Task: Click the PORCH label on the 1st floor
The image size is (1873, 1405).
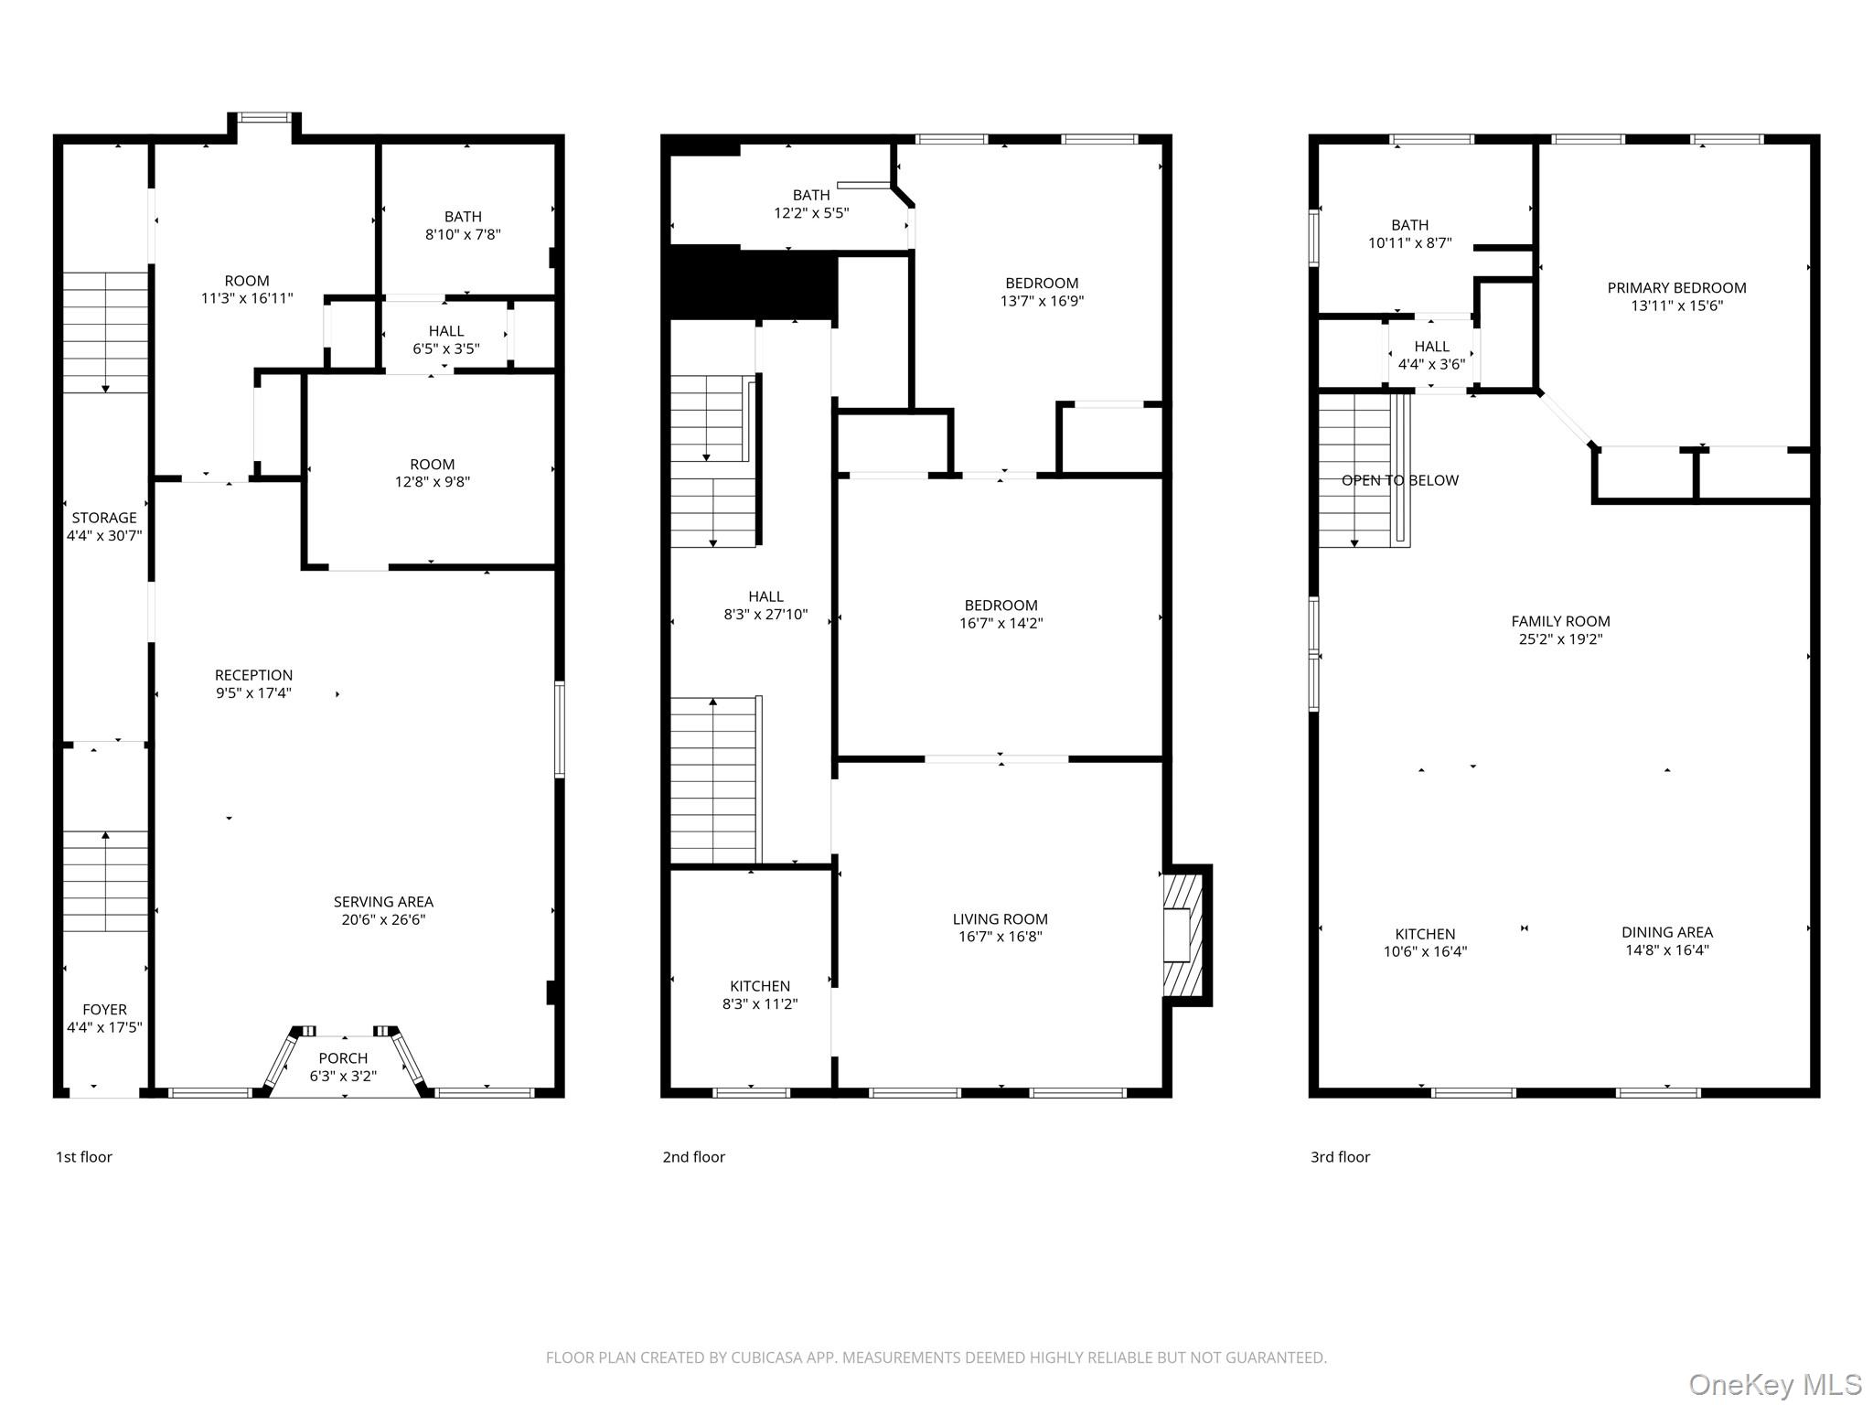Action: [343, 1058]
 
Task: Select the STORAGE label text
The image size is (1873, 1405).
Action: [104, 518]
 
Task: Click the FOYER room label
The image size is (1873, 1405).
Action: [104, 1010]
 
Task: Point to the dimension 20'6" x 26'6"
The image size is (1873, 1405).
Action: [383, 919]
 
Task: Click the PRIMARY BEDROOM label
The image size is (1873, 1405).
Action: [1676, 288]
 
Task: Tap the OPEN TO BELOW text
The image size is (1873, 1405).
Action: [1399, 480]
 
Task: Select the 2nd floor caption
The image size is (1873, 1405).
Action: [693, 1157]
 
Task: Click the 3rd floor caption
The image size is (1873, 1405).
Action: [1340, 1157]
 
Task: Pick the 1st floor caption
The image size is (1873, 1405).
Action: [84, 1157]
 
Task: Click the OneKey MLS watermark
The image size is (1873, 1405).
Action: [1774, 1384]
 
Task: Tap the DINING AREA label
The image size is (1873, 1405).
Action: [1666, 932]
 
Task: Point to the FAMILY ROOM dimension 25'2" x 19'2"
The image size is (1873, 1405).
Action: [1560, 639]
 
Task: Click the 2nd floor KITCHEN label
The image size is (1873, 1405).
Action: [759, 986]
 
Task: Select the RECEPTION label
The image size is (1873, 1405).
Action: [253, 675]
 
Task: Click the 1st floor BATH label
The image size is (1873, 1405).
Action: [463, 217]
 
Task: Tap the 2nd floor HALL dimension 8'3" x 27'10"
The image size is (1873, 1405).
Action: [765, 615]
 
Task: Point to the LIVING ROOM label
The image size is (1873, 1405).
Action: [1000, 919]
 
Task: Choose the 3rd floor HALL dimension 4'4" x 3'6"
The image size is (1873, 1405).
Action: [1431, 364]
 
